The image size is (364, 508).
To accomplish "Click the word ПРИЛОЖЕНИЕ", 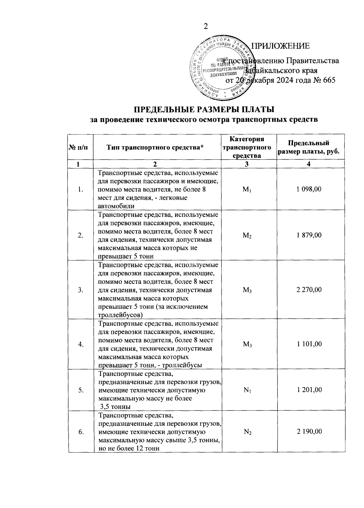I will [x=281, y=46].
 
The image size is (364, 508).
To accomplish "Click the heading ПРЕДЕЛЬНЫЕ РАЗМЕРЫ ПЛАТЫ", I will [x=204, y=109].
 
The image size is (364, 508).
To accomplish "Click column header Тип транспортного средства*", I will [x=155, y=148].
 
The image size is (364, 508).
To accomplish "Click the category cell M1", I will [x=247, y=190].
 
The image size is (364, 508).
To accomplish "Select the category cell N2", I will [x=247, y=432].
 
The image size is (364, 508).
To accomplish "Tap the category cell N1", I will [x=247, y=390].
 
